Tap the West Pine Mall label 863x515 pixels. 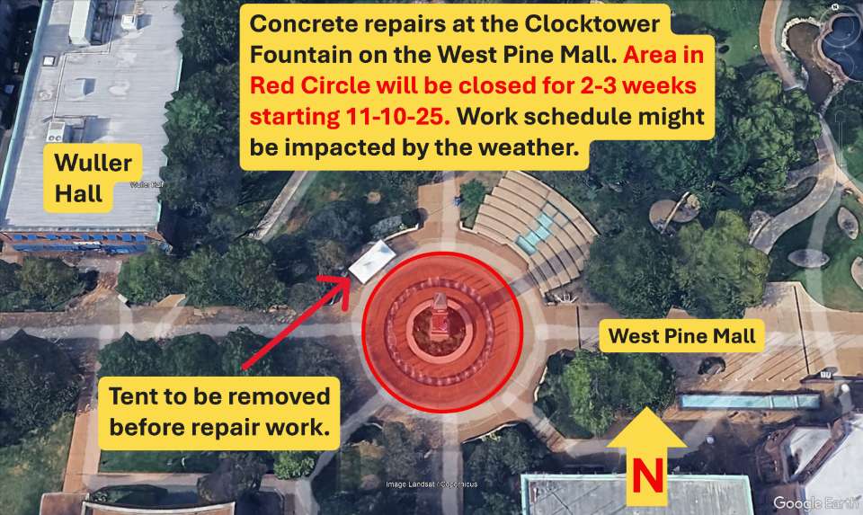pyautogui.click(x=682, y=337)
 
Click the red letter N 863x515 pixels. pyautogui.click(x=645, y=476)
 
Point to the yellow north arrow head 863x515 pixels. pyautogui.click(x=645, y=427)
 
